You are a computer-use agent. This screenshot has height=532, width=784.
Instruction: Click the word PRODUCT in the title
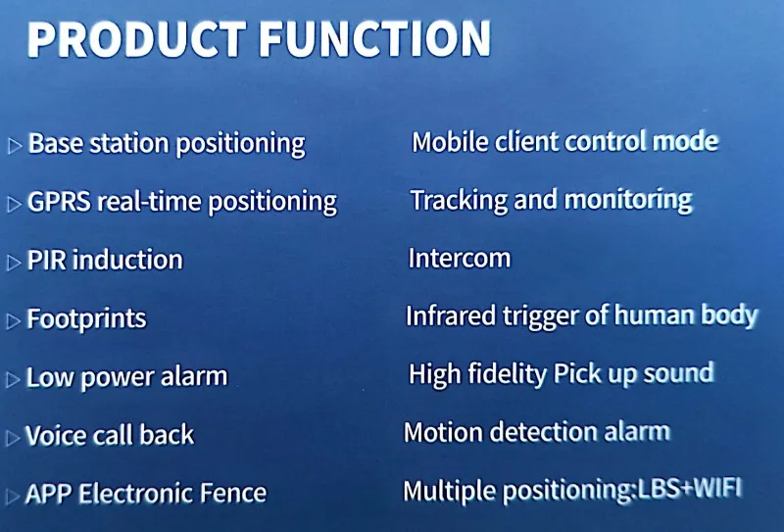(136, 39)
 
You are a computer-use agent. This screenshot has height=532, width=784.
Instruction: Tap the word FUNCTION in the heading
(375, 39)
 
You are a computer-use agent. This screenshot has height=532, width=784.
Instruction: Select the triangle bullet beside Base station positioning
(15, 146)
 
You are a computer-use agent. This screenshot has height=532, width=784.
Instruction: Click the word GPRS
(59, 202)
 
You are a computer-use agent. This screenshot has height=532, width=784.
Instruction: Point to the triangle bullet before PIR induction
(14, 263)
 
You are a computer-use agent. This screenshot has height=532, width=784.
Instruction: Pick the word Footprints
(86, 318)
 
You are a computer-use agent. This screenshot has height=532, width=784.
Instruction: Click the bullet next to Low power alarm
(13, 379)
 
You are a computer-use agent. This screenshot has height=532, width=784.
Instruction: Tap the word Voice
(56, 434)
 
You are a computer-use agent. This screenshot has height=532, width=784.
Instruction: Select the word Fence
(233, 493)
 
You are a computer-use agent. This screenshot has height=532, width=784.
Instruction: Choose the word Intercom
(460, 259)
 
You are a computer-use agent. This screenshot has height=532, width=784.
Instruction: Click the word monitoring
(628, 201)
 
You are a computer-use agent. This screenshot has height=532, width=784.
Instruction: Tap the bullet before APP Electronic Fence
(13, 496)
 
